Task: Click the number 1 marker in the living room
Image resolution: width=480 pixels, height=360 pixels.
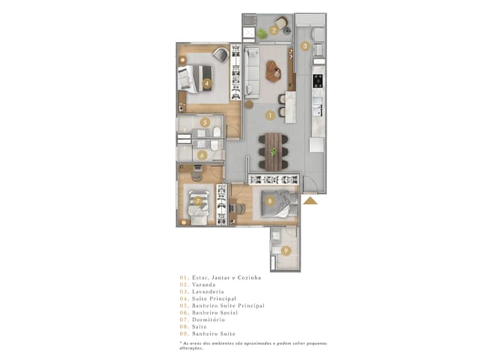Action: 270,115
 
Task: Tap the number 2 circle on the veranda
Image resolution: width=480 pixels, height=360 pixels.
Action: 274,31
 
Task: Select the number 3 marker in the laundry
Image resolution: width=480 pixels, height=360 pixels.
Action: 304,46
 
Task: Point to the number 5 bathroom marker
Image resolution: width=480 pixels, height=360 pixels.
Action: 204,122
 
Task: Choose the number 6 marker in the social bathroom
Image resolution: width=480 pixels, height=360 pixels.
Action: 202,155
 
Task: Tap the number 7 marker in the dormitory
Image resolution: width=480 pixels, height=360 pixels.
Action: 198,200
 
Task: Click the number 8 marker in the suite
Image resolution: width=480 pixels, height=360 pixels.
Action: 269,200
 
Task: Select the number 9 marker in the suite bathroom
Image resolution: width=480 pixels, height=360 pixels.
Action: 285,250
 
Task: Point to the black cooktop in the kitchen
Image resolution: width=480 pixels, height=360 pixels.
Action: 317,76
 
